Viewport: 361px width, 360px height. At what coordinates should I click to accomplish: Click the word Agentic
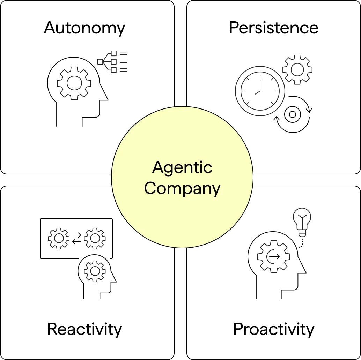(182, 168)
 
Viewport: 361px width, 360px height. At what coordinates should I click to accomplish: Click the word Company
(182, 189)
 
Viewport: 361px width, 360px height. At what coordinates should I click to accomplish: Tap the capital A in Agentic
(158, 167)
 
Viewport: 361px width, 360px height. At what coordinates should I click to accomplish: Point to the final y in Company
(216, 190)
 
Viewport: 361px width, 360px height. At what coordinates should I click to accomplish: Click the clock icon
(260, 90)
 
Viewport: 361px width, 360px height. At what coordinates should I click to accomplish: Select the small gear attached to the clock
(297, 69)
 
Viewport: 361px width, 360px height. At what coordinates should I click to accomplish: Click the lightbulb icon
(301, 221)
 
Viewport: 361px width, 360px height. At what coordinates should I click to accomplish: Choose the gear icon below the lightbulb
(274, 256)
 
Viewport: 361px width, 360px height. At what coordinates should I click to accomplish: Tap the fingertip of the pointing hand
(98, 62)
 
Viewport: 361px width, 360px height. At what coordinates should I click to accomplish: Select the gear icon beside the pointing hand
(74, 82)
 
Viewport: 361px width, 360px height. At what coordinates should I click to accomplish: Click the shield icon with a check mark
(95, 272)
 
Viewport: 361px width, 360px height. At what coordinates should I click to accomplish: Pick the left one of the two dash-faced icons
(58, 239)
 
